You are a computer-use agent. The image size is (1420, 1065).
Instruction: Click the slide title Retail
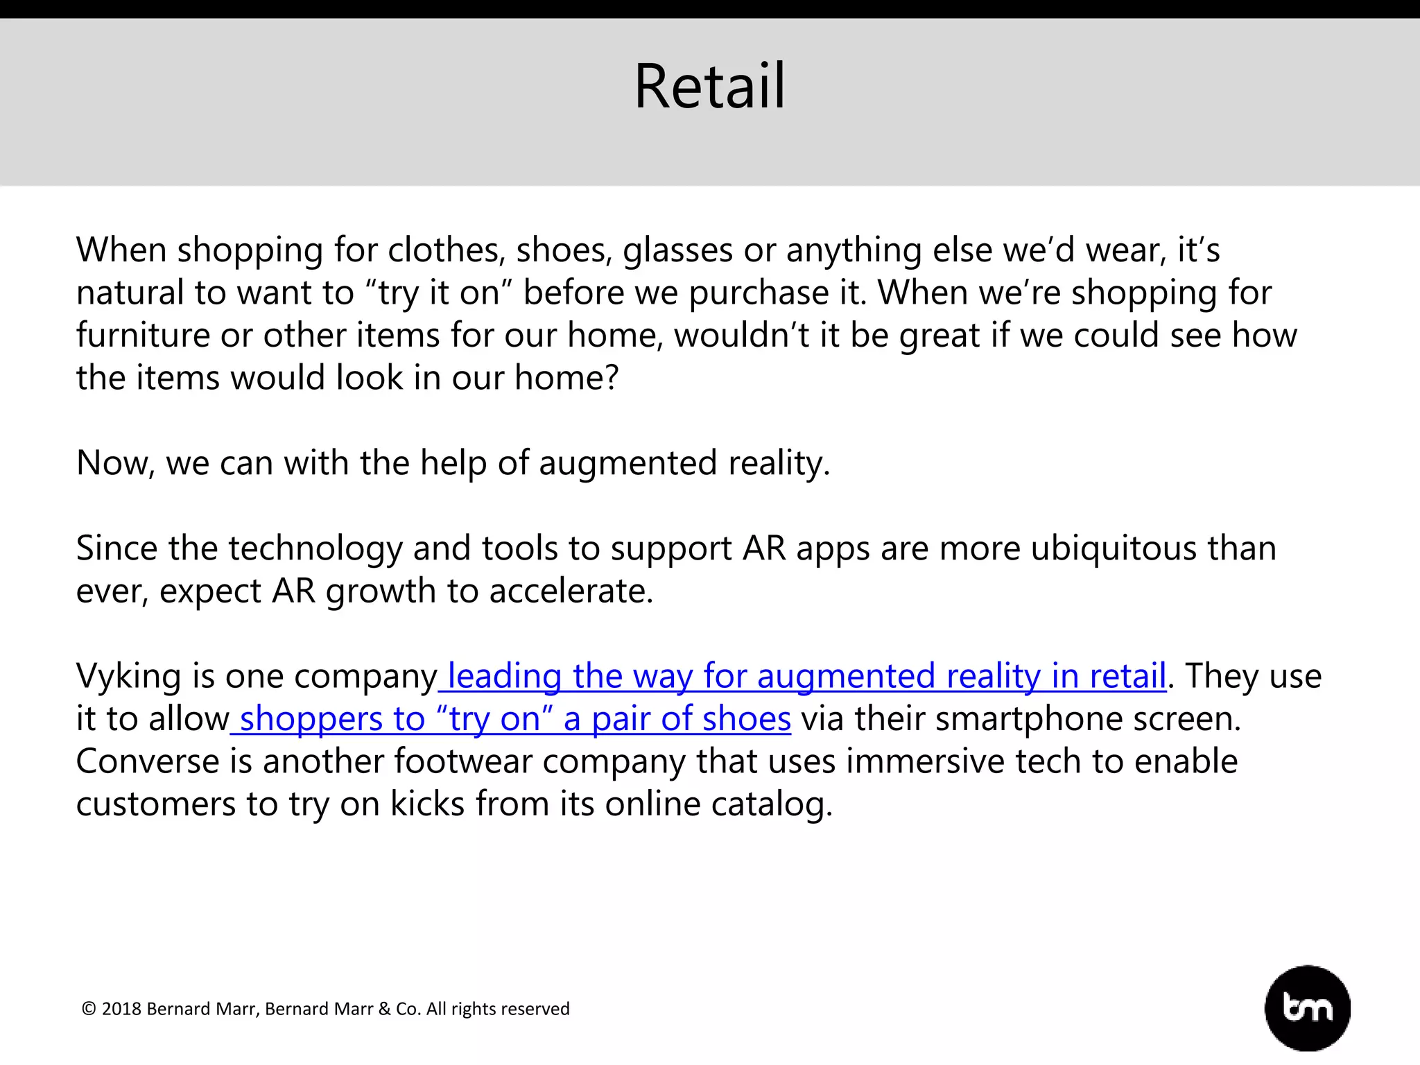tap(710, 87)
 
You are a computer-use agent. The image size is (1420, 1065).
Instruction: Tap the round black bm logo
tap(1307, 1007)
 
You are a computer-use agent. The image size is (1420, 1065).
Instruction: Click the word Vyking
tap(128, 676)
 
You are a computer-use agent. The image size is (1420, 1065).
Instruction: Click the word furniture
tap(143, 336)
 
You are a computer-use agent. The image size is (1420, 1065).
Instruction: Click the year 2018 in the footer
tap(121, 1009)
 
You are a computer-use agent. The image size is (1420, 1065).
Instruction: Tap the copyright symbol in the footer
tap(89, 1009)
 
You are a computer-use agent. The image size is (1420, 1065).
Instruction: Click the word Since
tap(116, 548)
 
